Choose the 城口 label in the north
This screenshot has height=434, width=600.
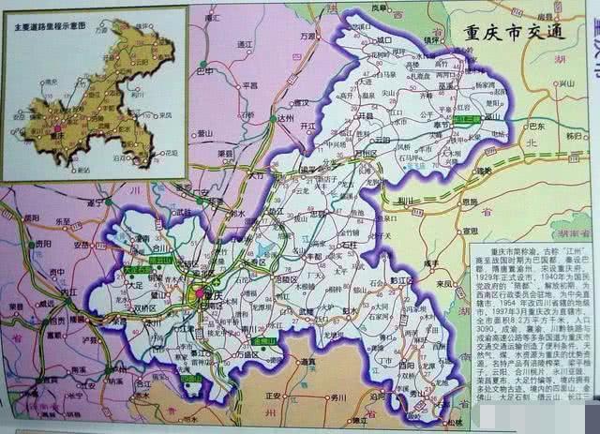pyautogui.click(x=383, y=40)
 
